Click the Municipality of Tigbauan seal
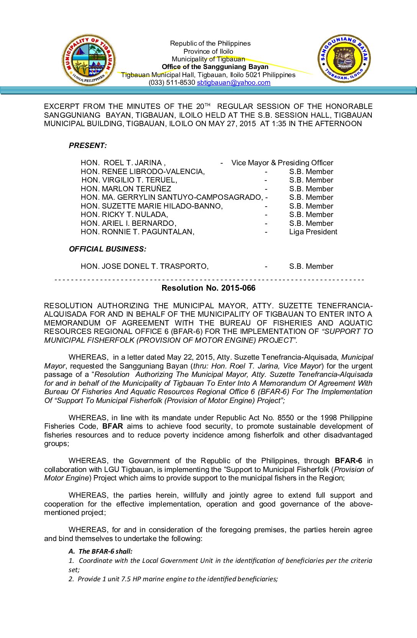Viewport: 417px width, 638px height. pos(89,60)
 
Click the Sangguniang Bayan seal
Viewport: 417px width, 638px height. pos(344,59)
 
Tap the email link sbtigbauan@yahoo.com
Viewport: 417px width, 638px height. pos(233,83)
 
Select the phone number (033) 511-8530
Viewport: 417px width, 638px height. pos(172,83)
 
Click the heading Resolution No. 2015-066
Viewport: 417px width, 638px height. pos(208,288)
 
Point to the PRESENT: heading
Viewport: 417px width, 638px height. pos(88,146)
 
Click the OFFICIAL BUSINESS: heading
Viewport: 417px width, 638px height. pos(107,249)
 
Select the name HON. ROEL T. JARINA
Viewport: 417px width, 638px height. pos(123,163)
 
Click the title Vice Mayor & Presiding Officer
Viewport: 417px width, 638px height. pos(282,163)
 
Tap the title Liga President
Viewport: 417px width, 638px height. pos(313,232)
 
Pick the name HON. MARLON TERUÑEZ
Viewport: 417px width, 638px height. pos(126,189)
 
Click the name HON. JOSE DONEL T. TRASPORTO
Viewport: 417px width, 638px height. pos(144,266)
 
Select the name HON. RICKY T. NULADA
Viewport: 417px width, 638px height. pos(124,215)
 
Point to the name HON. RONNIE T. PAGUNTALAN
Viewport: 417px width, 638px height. pos(137,232)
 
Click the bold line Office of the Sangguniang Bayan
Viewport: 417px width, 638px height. pos(215,67)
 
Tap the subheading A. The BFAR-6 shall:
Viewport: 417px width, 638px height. pos(100,551)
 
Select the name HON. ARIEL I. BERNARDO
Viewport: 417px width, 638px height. pos(128,224)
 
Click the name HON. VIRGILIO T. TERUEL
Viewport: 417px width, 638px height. pos(129,180)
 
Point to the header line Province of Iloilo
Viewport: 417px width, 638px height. pos(208,51)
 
